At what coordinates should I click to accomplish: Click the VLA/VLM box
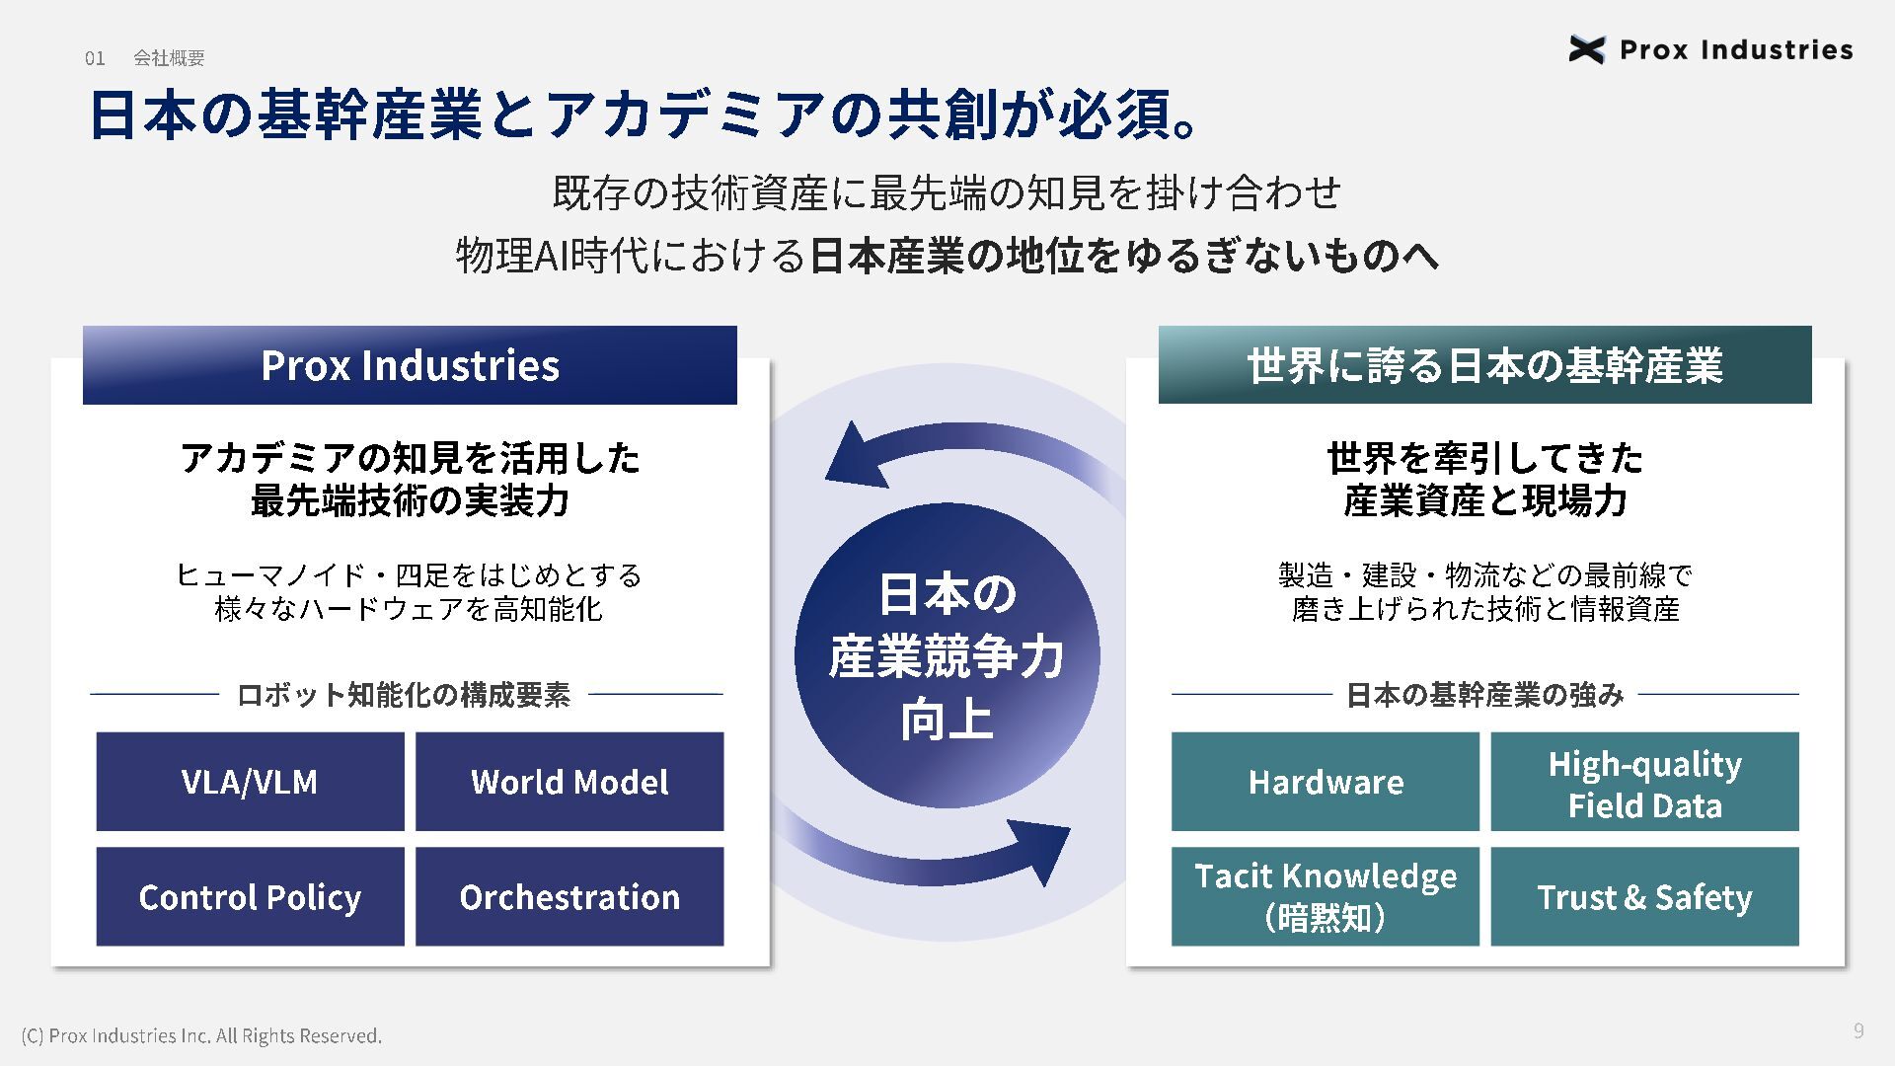pyautogui.click(x=250, y=782)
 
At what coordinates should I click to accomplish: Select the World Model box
pyautogui.click(x=569, y=782)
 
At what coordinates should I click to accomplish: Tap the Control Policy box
pyautogui.click(x=250, y=896)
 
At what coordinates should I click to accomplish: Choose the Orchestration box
pyautogui.click(x=569, y=896)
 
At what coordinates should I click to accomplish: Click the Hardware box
pyautogui.click(x=1326, y=782)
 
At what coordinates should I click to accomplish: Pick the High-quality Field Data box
pyautogui.click(x=1644, y=782)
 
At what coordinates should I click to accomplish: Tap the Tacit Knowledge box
pyautogui.click(x=1326, y=896)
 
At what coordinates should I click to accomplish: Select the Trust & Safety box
pyautogui.click(x=1644, y=896)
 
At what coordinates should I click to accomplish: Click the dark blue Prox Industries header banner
pyautogui.click(x=410, y=365)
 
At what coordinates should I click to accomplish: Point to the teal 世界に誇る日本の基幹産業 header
pyautogui.click(x=1484, y=365)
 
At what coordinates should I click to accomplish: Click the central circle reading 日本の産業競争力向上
pyautogui.click(x=947, y=655)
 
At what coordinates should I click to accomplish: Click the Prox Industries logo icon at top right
pyautogui.click(x=1586, y=49)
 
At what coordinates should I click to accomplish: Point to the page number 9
pyautogui.click(x=1858, y=1031)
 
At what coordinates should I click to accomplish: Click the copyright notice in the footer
pyautogui.click(x=201, y=1035)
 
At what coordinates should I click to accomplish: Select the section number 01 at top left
pyautogui.click(x=95, y=59)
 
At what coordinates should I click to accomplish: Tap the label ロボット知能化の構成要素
pyautogui.click(x=404, y=695)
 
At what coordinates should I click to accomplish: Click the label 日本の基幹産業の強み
pyautogui.click(x=1484, y=695)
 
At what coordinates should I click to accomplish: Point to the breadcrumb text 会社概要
pyautogui.click(x=169, y=59)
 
